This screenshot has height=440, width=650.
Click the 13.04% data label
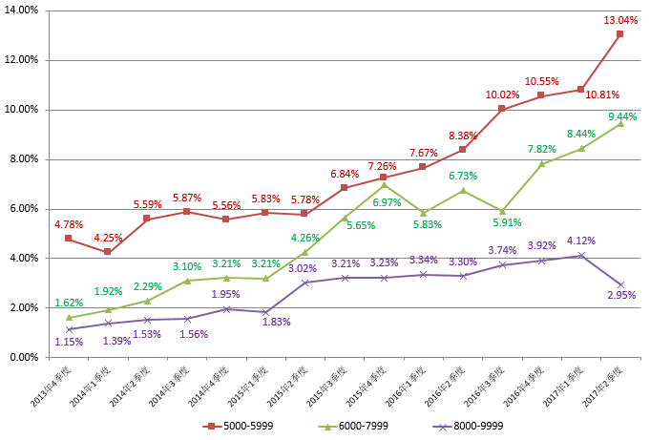[621, 20]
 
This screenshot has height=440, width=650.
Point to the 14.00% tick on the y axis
[22, 10]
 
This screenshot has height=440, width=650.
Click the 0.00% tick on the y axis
[24, 357]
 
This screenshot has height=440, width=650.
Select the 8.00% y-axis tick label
[24, 158]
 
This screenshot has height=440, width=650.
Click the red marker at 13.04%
[619, 34]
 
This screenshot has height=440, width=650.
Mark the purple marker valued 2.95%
[619, 284]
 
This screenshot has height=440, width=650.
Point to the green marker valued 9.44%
[619, 123]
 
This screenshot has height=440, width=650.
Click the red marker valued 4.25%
[108, 252]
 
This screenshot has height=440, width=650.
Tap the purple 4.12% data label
[581, 241]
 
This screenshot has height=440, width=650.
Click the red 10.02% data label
[502, 94]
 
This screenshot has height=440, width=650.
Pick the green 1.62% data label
[69, 303]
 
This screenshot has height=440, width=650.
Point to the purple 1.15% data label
[69, 342]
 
